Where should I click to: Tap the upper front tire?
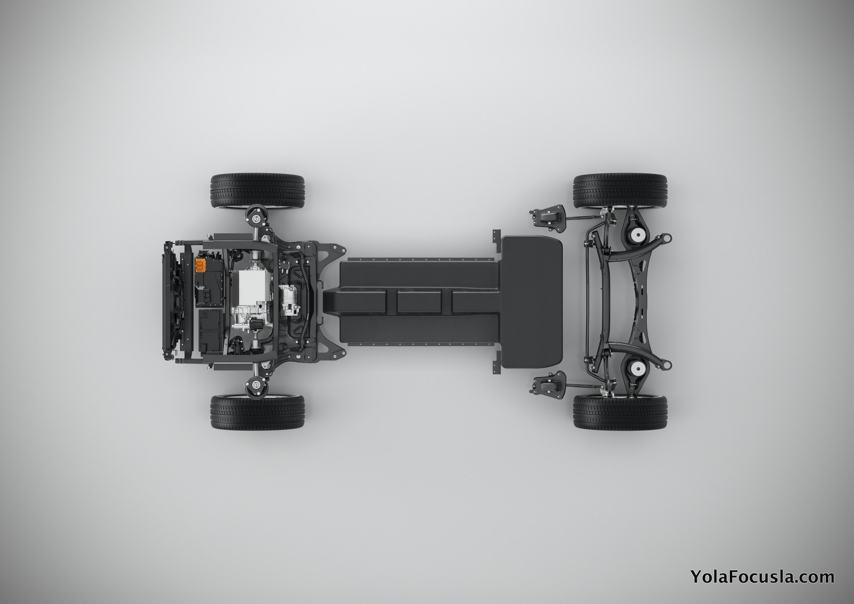(258, 191)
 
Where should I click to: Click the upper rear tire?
(620, 191)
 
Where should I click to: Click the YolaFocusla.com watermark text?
(762, 577)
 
